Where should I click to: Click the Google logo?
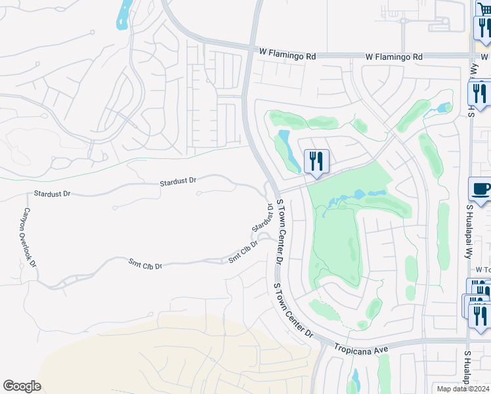22,386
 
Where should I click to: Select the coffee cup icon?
482,190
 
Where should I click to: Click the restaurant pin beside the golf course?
316,161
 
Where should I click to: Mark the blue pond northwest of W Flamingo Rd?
123,14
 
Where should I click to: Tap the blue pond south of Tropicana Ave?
354,382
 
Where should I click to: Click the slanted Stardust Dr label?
262,219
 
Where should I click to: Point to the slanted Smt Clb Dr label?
243,253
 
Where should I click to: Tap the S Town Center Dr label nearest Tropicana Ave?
294,311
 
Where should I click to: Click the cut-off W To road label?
482,270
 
